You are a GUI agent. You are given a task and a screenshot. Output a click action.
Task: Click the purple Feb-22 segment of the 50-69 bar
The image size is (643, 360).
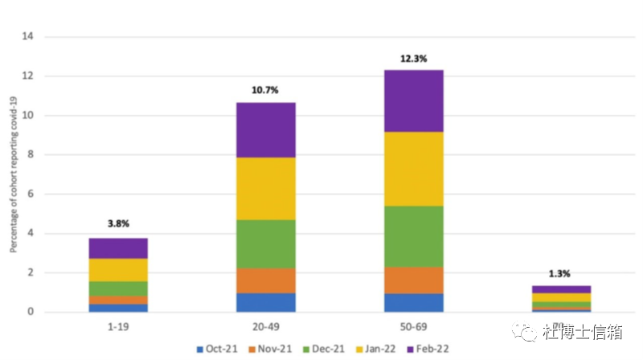[413, 100]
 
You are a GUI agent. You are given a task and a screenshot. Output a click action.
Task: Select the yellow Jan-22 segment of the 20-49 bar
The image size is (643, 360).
[265, 188]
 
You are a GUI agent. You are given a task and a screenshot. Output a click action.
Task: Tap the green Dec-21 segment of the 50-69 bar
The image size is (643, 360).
[413, 236]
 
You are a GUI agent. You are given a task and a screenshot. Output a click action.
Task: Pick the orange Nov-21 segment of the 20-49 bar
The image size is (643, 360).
[265, 280]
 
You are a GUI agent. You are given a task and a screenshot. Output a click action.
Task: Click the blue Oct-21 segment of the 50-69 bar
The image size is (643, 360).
[413, 303]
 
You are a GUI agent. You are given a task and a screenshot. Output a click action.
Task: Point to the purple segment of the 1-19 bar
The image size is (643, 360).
[118, 247]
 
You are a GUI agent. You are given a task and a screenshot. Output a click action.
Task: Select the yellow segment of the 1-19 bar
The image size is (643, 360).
[118, 269]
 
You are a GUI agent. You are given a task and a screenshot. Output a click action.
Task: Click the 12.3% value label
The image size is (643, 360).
[413, 59]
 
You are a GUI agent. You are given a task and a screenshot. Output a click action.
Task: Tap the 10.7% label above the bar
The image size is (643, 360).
[265, 90]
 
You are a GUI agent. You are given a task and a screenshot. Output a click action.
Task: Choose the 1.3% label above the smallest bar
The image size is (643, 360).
[560, 273]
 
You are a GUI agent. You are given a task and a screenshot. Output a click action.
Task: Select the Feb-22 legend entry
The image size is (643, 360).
[432, 350]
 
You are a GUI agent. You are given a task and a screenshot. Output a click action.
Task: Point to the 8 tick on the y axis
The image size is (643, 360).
[29, 154]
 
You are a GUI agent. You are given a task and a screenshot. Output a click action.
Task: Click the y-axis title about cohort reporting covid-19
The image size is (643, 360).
[13, 174]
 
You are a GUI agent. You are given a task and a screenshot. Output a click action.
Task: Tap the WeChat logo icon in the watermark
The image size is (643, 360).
[527, 332]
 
